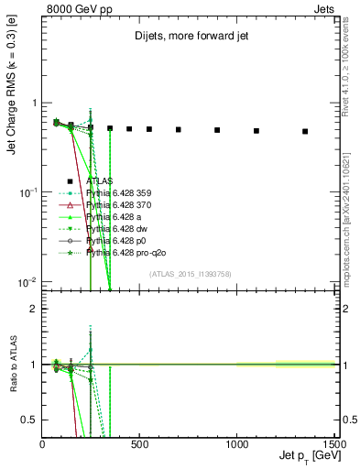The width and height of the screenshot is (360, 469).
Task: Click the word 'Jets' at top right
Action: click(326, 7)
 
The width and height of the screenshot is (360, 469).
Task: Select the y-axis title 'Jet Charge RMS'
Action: click(11, 110)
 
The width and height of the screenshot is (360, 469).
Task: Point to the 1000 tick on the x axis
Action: click(236, 443)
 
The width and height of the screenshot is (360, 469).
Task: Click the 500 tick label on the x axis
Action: click(139, 443)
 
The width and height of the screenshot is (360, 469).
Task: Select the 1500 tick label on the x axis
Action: click(333, 443)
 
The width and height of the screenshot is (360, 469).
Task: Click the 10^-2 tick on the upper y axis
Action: click(27, 281)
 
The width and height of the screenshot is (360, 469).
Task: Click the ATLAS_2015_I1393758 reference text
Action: click(191, 274)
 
